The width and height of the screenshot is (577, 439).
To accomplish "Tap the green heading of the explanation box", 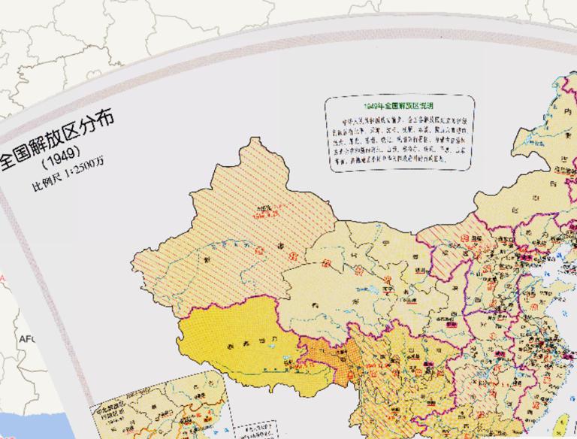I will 398,107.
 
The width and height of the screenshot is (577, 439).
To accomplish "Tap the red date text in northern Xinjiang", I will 263,213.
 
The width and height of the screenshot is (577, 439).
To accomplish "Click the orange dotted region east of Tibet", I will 319,353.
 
